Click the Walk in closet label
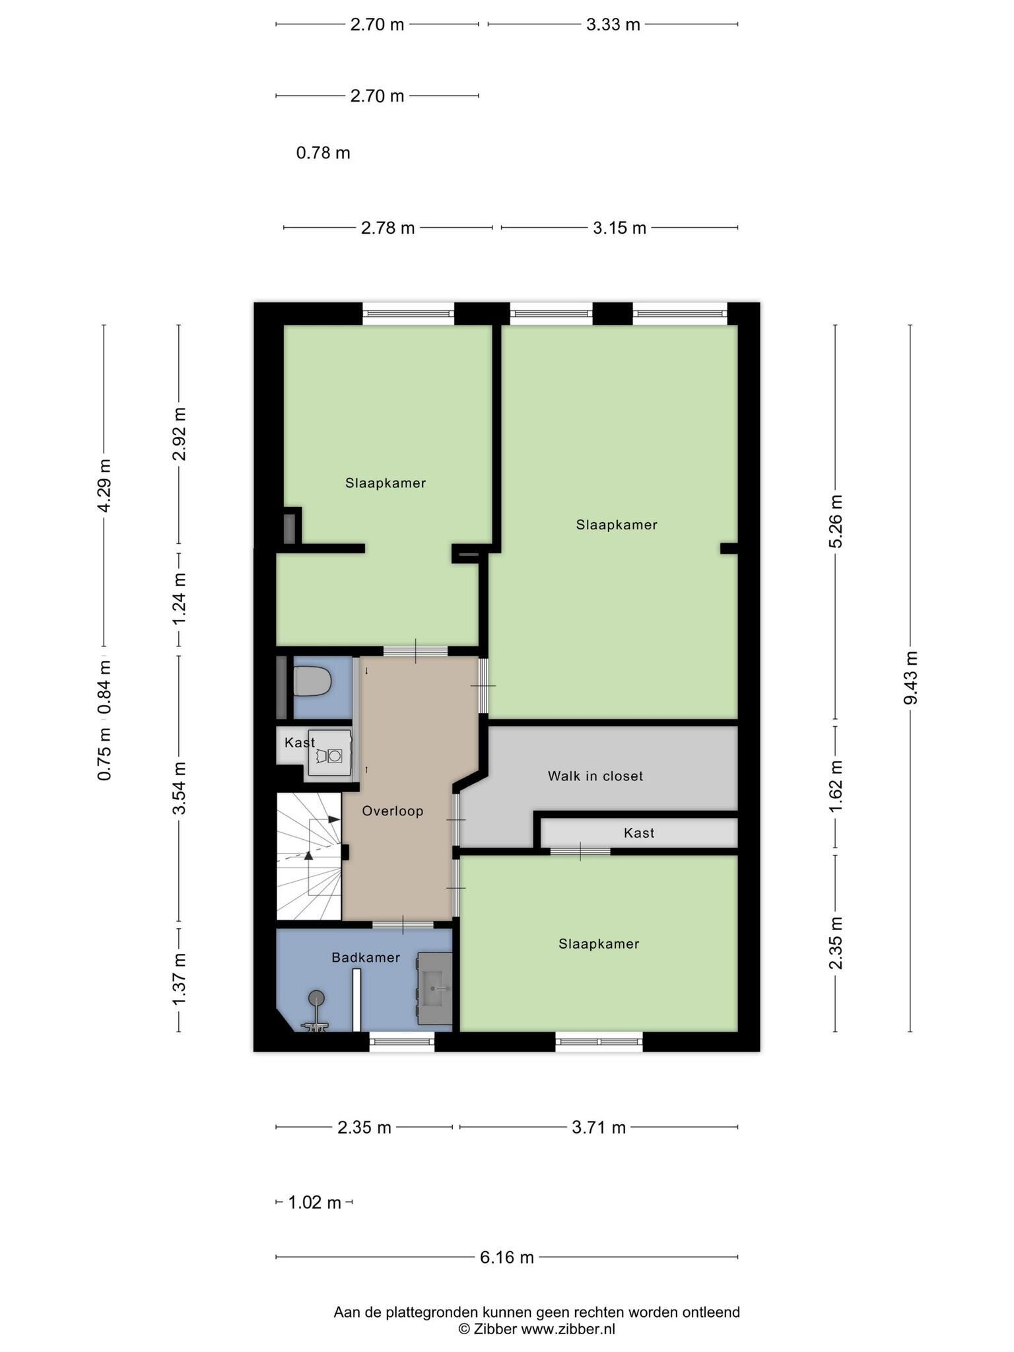pyautogui.click(x=595, y=776)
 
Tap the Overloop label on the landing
pyautogui.click(x=393, y=811)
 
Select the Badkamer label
pyautogui.click(x=366, y=957)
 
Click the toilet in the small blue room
pyautogui.click(x=312, y=681)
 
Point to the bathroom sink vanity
pyautogui.click(x=434, y=988)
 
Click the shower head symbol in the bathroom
pyautogui.click(x=316, y=997)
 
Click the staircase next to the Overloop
pyautogui.click(x=308, y=856)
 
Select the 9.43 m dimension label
pyautogui.click(x=911, y=677)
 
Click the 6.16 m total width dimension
pyautogui.click(x=507, y=1257)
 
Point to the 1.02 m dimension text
pyautogui.click(x=315, y=1202)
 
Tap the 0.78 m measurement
pyautogui.click(x=323, y=153)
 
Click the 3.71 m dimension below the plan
pyautogui.click(x=599, y=1127)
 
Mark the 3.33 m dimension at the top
pyautogui.click(x=613, y=24)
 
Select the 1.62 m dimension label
pyautogui.click(x=836, y=787)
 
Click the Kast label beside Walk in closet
pyautogui.click(x=639, y=833)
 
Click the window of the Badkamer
pyautogui.click(x=402, y=1042)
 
